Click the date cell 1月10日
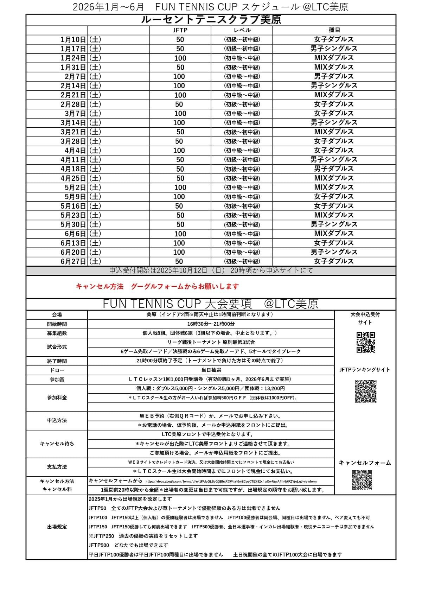pos(73,39)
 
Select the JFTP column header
pos(180,30)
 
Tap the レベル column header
pos(242,30)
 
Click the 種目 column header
pos(334,30)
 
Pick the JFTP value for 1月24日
pos(180,58)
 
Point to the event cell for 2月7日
pos(334,76)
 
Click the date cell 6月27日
pos(73,261)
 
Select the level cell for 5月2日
pos(242,187)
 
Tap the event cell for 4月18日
pos(334,169)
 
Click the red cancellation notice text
pos(157,287)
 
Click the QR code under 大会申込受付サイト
pos(366,342)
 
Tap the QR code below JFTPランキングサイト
pos(365,391)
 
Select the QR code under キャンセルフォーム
pos(362,480)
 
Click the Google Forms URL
pos(231,482)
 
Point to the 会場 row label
pos(57,315)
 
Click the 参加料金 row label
pos(57,397)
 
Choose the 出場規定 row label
pos(57,527)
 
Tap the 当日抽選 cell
pos(211,370)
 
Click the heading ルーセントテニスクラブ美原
pos(211,20)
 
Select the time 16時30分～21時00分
pos(211,324)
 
